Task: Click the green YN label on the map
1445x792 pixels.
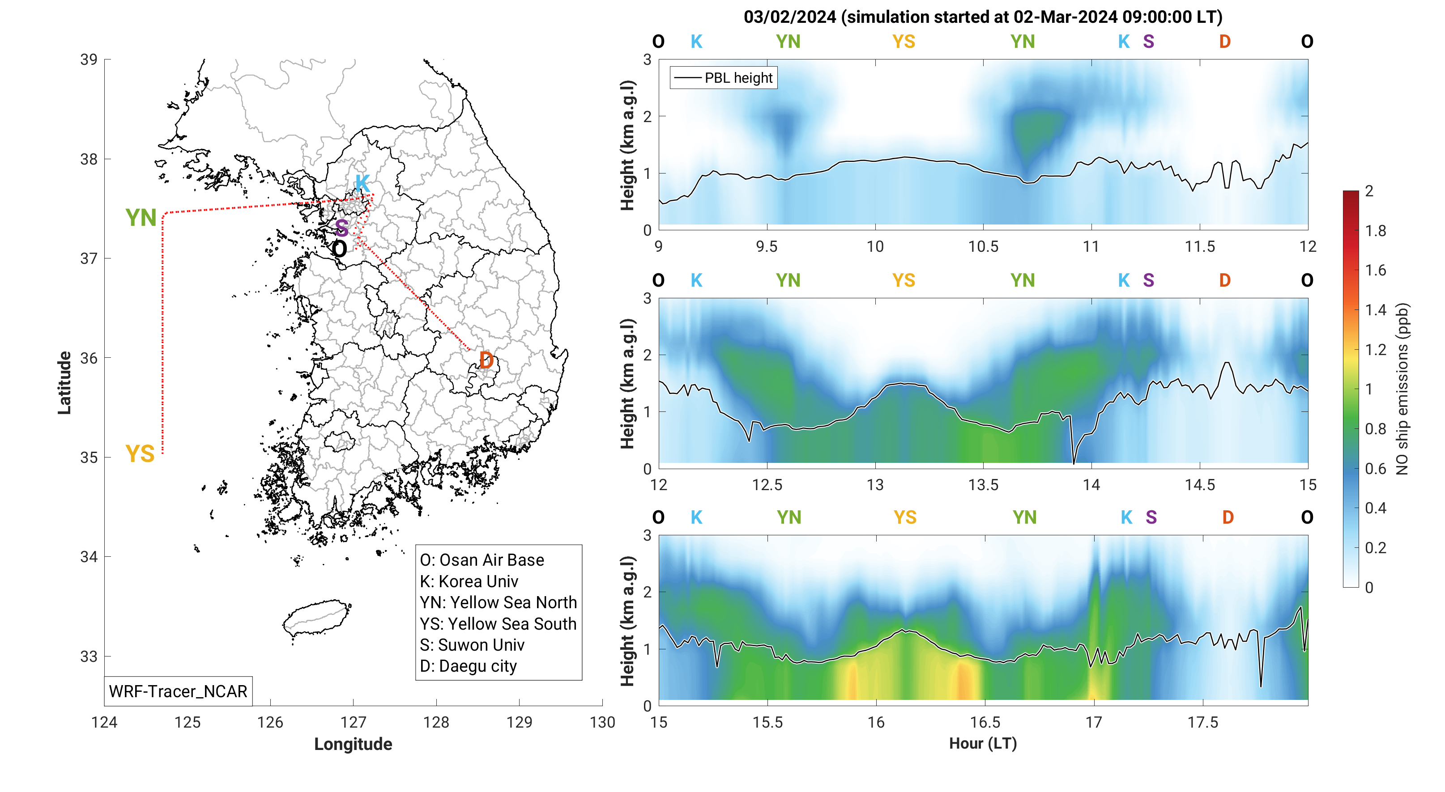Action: (141, 218)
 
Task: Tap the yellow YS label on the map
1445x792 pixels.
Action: (140, 453)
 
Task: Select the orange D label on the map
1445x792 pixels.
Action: (486, 360)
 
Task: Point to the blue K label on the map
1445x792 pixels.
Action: (362, 183)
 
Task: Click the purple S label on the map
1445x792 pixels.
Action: (341, 228)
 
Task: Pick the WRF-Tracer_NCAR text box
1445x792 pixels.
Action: (178, 691)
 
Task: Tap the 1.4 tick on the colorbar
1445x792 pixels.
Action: (1376, 310)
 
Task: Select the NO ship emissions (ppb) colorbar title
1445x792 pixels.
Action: (1402, 389)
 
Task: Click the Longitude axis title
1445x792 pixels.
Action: (353, 744)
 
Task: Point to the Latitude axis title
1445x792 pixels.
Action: (64, 383)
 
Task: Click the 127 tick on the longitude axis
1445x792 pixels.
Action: (353, 722)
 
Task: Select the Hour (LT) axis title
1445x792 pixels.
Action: (983, 743)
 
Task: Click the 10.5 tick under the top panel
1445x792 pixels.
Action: (983, 246)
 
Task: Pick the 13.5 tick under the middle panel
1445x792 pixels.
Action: (983, 485)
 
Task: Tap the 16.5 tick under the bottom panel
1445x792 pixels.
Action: (985, 722)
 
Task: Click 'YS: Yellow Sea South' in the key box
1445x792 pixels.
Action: (498, 623)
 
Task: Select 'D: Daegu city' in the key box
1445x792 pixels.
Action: (469, 666)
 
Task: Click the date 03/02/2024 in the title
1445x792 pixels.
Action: (790, 17)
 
